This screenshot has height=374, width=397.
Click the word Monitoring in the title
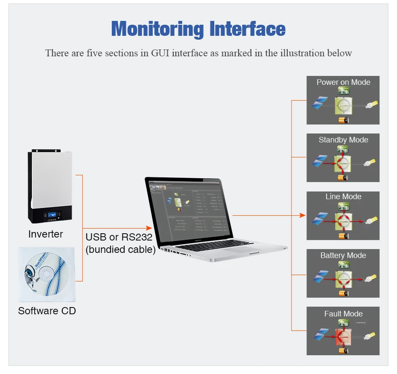click(157, 29)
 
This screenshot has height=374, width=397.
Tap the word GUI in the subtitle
click(161, 53)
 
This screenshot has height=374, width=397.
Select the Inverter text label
click(45, 234)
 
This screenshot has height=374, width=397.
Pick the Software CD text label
click(47, 311)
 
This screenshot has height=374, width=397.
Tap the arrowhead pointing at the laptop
click(149, 229)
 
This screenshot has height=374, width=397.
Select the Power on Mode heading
click(343, 82)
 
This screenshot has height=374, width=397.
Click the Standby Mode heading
click(343, 140)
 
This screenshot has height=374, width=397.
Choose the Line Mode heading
click(343, 197)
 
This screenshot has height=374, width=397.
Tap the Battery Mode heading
click(343, 255)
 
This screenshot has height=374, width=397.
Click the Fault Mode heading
click(343, 314)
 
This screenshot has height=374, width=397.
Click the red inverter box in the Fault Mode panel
click(343, 337)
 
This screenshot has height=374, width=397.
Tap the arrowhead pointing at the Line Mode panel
click(304, 215)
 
